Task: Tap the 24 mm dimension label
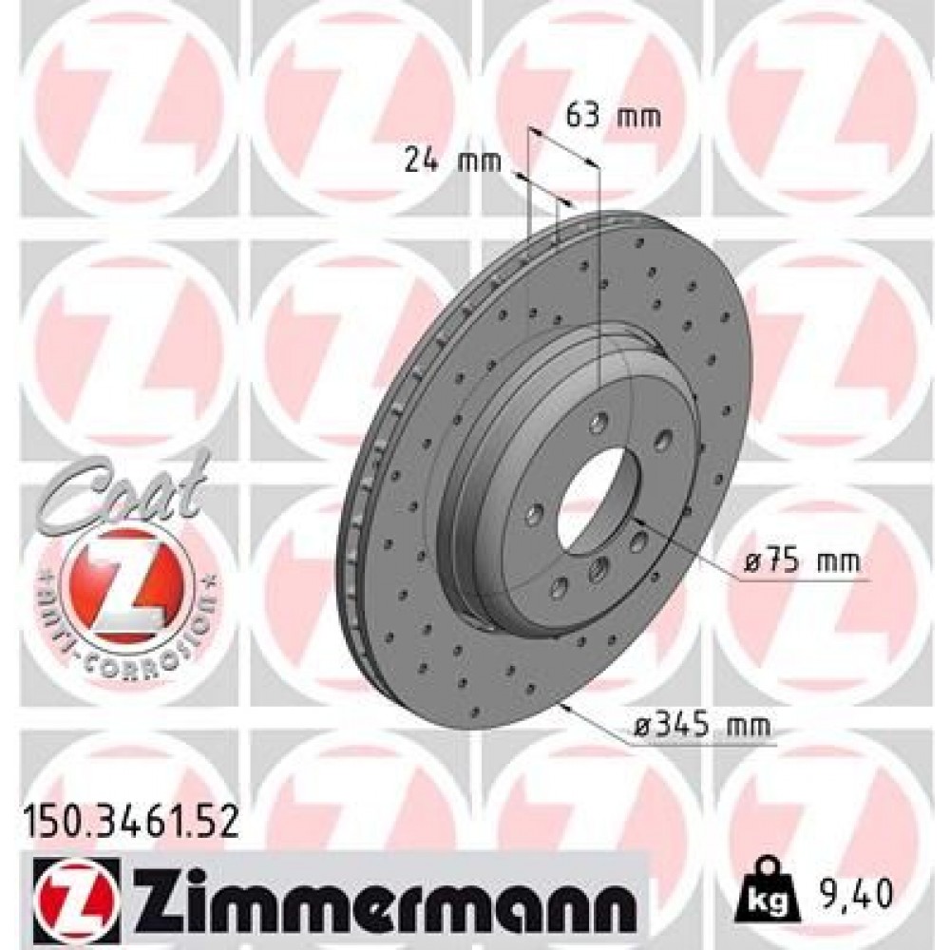(452, 161)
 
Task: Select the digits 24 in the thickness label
(421, 161)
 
